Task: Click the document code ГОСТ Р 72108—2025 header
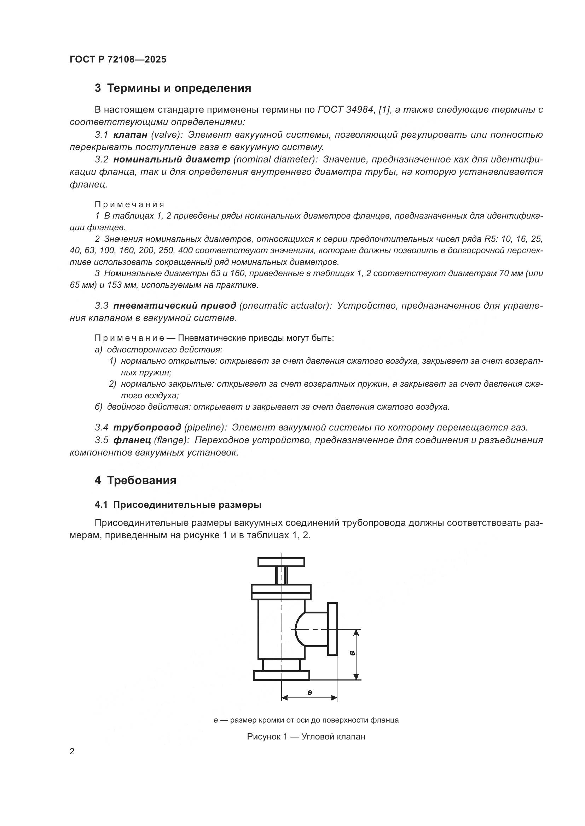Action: tap(118, 60)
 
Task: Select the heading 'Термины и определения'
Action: tap(179, 88)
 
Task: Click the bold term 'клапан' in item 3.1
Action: tap(131, 135)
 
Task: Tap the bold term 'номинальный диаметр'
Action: tap(172, 159)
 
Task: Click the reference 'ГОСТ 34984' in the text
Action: tap(345, 110)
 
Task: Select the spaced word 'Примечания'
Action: tap(129, 205)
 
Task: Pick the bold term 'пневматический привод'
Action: tap(175, 306)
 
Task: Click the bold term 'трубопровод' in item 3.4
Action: tap(147, 427)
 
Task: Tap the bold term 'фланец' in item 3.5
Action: tap(132, 440)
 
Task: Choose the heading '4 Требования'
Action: tap(135, 480)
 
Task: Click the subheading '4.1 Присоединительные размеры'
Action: tap(178, 505)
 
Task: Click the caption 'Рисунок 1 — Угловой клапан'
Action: tap(306, 736)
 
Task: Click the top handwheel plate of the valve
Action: tap(281, 562)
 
